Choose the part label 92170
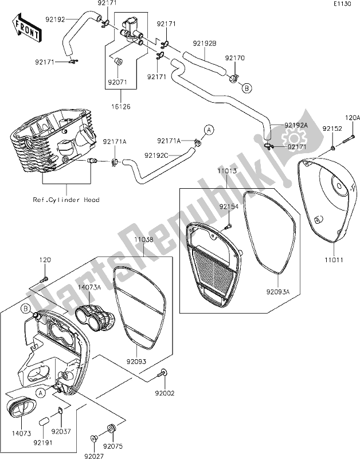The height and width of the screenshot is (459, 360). (234, 58)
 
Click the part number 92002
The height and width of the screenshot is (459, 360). (164, 393)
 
